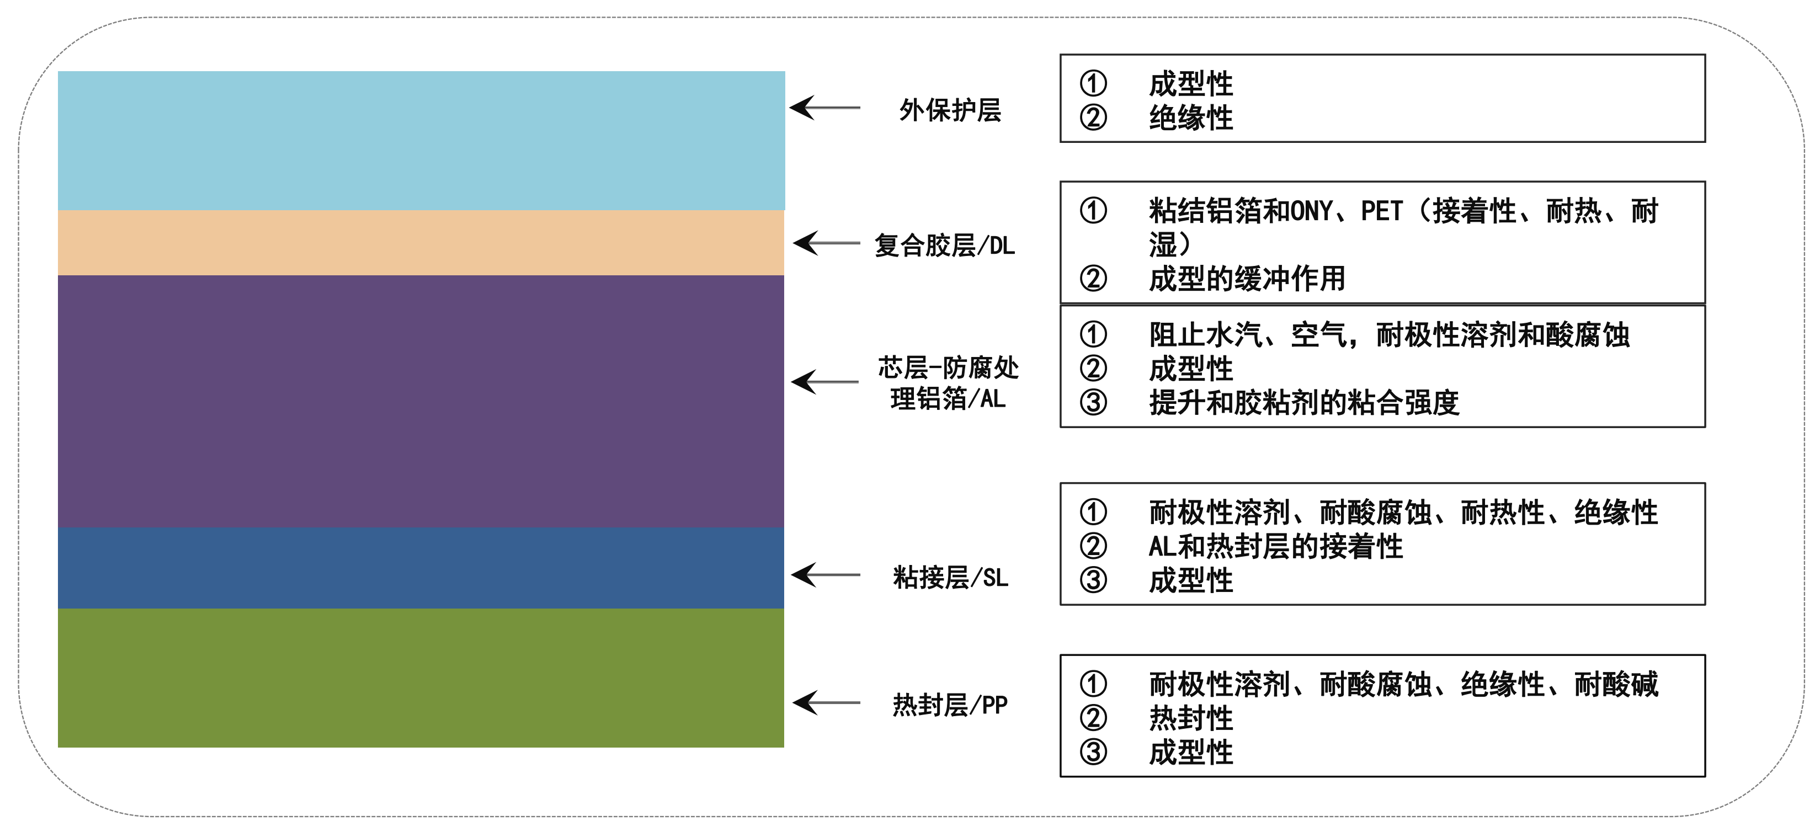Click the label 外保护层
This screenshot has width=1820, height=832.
(x=950, y=110)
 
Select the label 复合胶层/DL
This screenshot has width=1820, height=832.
(x=945, y=246)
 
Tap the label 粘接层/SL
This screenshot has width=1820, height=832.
(x=950, y=578)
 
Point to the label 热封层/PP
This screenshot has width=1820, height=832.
(x=950, y=704)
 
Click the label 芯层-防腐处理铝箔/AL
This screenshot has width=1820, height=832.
(x=948, y=383)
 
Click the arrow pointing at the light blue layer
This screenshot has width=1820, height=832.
(x=824, y=108)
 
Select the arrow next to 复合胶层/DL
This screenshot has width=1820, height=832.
(x=827, y=243)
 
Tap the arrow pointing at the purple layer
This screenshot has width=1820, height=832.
(x=825, y=382)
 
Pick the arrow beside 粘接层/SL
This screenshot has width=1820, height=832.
(x=825, y=575)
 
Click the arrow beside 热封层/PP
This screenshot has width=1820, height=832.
(x=826, y=703)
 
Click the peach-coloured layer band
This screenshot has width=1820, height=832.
(x=421, y=243)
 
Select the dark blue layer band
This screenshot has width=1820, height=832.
(x=421, y=569)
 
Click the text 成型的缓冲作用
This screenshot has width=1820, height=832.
(x=1247, y=279)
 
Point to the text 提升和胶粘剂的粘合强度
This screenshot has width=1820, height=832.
(x=1303, y=403)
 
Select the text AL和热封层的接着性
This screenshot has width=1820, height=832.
(x=1275, y=546)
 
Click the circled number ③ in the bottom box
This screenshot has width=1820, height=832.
(x=1093, y=751)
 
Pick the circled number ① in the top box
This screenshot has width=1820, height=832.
(x=1093, y=83)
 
